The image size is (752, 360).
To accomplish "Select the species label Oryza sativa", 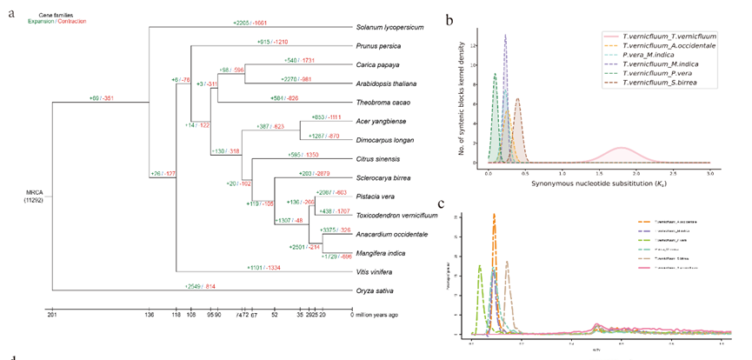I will point(375,290).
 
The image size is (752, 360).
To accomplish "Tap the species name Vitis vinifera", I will point(376,272).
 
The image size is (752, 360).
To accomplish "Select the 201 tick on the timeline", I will point(52,316).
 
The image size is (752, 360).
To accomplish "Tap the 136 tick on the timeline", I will point(150,316).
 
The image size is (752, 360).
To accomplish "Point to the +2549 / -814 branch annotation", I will point(201,285).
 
